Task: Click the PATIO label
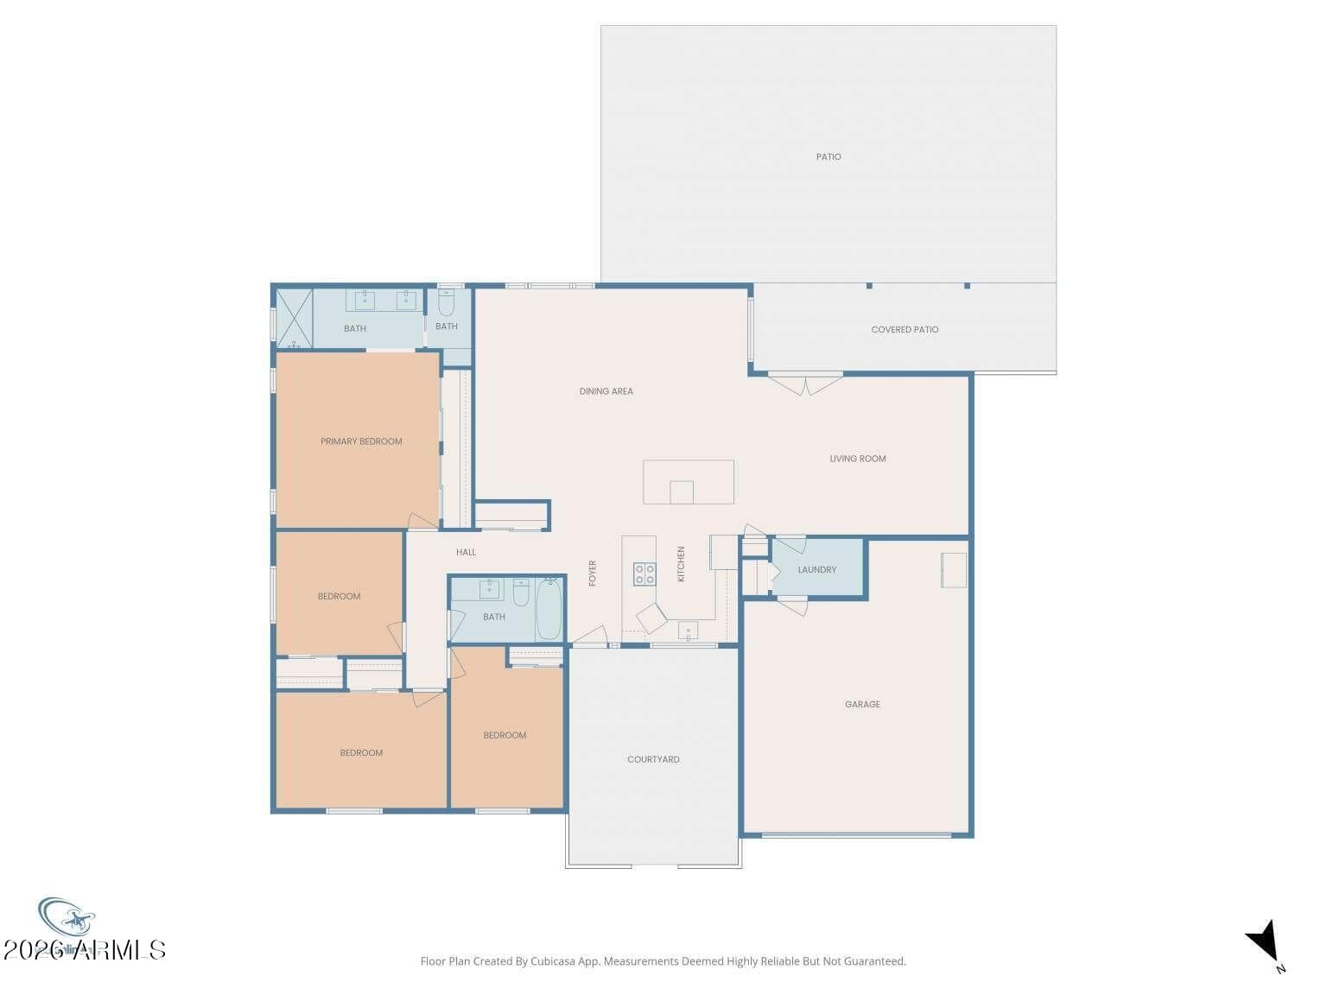tap(828, 157)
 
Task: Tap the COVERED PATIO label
tap(904, 330)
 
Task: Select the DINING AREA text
tap(606, 391)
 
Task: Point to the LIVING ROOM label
tap(857, 459)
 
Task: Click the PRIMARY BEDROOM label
tap(361, 441)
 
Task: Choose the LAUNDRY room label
tap(816, 570)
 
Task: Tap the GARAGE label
tap(862, 705)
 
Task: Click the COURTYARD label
tap(653, 760)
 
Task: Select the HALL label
tap(466, 553)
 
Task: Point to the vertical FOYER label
tap(593, 574)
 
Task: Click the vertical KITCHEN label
tap(681, 564)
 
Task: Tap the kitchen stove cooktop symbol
tap(644, 574)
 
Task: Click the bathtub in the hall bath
tap(549, 610)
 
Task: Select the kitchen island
tap(688, 482)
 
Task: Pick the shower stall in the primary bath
tap(294, 318)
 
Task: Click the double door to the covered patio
tap(805, 383)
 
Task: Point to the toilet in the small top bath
tap(446, 303)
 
